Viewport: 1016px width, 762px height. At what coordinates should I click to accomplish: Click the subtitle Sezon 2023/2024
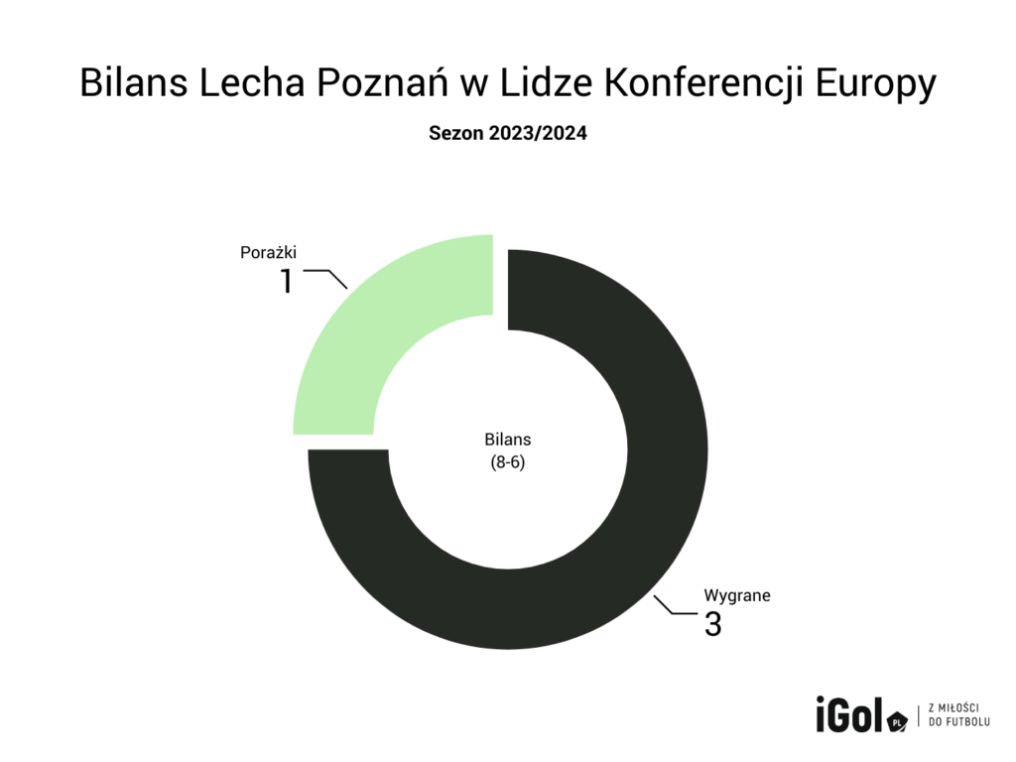[x=507, y=135]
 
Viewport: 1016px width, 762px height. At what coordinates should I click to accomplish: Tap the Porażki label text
[x=268, y=253]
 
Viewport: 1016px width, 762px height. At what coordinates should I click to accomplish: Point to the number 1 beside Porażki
[x=287, y=282]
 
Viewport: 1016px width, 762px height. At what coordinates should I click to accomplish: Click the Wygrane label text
[x=737, y=596]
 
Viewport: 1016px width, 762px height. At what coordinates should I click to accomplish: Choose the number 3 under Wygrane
[x=713, y=625]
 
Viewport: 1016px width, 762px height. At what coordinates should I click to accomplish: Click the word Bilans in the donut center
[x=508, y=440]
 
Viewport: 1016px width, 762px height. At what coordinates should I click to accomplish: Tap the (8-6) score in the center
[x=508, y=462]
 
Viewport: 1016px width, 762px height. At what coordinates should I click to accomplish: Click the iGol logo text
[x=847, y=713]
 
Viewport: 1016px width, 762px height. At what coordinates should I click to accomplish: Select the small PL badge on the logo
[x=896, y=723]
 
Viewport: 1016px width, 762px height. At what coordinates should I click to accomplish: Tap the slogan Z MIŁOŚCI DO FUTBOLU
[x=958, y=714]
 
